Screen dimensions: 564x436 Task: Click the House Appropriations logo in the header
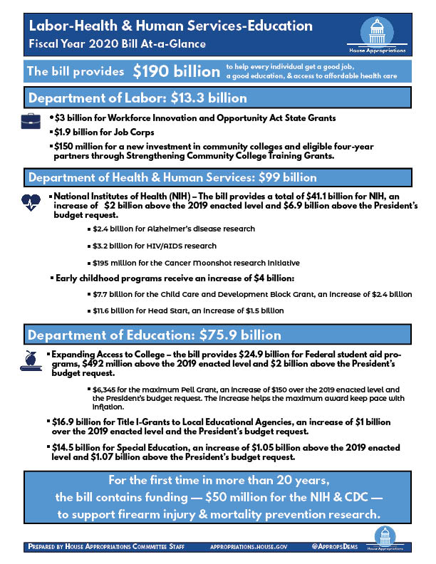pos(377,36)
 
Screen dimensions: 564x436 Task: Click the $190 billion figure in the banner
pos(176,71)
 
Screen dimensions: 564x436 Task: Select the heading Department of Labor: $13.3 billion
pos(137,98)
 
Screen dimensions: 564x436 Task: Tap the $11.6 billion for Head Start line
pos(188,310)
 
